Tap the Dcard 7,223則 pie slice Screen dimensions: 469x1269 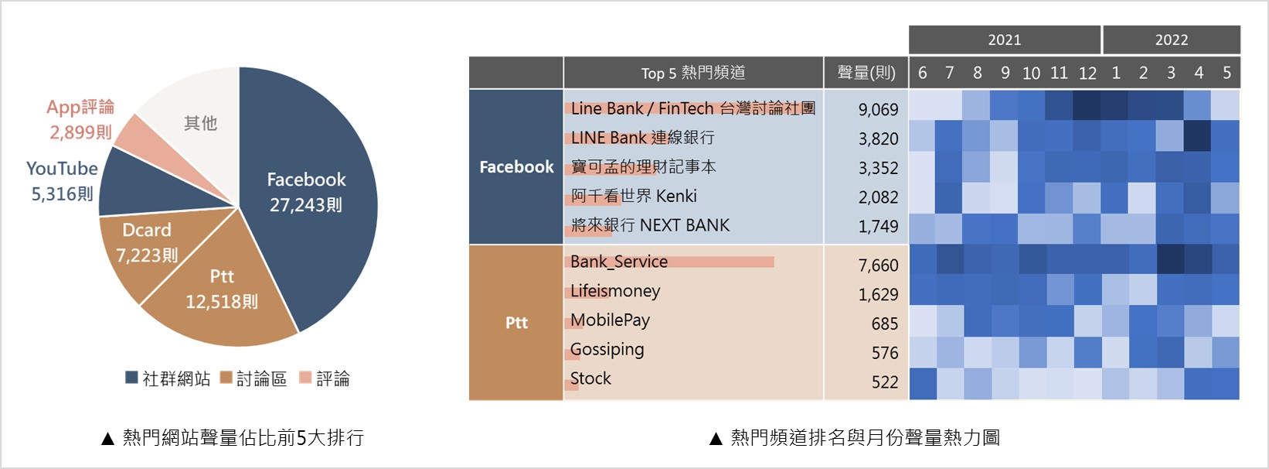pos(147,242)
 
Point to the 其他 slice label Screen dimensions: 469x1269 pos(200,123)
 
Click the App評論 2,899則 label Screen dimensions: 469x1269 pos(80,119)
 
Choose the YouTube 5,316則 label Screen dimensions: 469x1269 pos(62,180)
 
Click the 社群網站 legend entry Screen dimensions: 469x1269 pos(168,378)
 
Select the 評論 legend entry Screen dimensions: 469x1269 pos(325,378)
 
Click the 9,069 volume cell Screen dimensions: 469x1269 pos(878,110)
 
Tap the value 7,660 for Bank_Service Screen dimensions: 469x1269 pos(878,265)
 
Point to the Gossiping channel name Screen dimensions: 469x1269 pos(607,349)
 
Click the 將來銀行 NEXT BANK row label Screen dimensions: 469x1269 pos(650,225)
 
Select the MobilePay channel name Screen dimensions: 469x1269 pos(610,320)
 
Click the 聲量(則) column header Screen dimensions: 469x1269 pos(866,73)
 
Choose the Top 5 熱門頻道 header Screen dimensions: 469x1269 pos(693,73)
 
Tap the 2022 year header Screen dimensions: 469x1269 pos(1171,39)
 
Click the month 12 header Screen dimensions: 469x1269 pos(1087,73)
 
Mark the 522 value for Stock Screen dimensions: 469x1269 pos(884,382)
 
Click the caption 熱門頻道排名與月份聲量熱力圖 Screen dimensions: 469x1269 pos(865,438)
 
